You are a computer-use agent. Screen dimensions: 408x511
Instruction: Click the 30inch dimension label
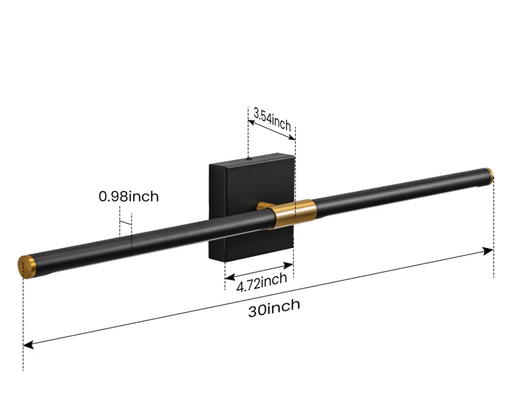(x=274, y=308)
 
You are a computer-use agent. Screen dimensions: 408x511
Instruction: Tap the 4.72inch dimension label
(x=262, y=282)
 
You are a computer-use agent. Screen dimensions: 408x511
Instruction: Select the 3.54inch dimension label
(x=272, y=120)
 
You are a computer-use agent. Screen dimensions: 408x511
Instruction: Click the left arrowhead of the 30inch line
(x=27, y=345)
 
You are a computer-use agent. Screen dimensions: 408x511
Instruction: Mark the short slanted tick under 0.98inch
(x=125, y=223)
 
